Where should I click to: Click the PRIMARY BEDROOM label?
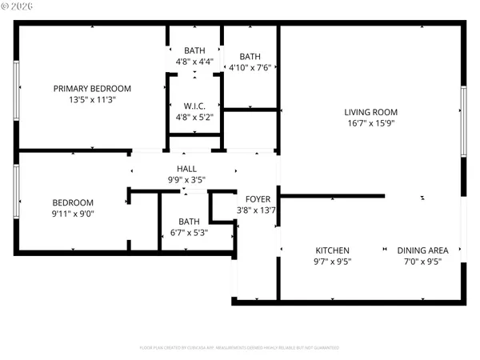[92, 89]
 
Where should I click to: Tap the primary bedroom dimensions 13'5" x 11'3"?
[92, 101]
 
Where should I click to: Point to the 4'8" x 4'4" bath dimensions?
[194, 61]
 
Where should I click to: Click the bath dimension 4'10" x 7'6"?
[250, 68]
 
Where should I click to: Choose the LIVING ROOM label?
[370, 112]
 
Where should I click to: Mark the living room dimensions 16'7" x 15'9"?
[370, 123]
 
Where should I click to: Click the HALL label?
[186, 169]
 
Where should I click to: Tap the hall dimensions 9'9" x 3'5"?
[186, 180]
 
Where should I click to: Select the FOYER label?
[258, 199]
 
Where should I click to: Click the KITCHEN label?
[332, 250]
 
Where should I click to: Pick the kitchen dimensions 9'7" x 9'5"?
[332, 261]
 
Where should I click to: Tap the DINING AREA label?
[423, 250]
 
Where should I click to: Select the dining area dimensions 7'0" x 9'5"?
[423, 261]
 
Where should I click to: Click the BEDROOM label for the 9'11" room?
[74, 202]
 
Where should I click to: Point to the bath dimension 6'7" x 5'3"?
[190, 233]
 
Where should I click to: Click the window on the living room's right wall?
[463, 121]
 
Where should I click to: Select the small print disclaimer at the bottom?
[239, 348]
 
